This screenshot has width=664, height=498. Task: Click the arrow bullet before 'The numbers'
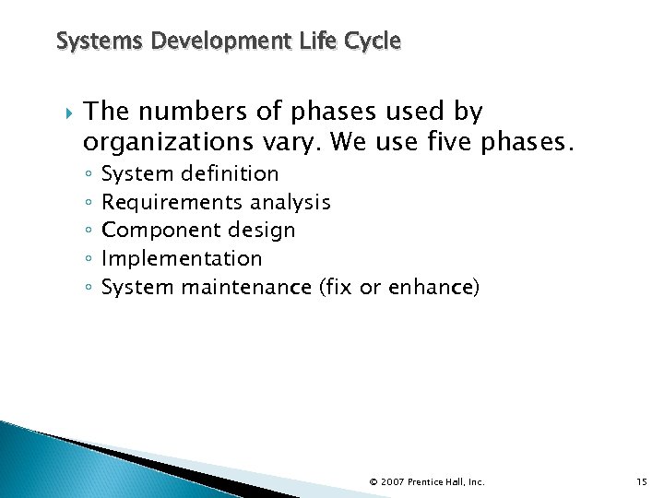(64, 113)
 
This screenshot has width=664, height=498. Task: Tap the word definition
(230, 173)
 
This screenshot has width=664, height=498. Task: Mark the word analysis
(290, 202)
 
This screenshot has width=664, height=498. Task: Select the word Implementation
(182, 259)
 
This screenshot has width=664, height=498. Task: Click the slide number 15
(642, 481)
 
